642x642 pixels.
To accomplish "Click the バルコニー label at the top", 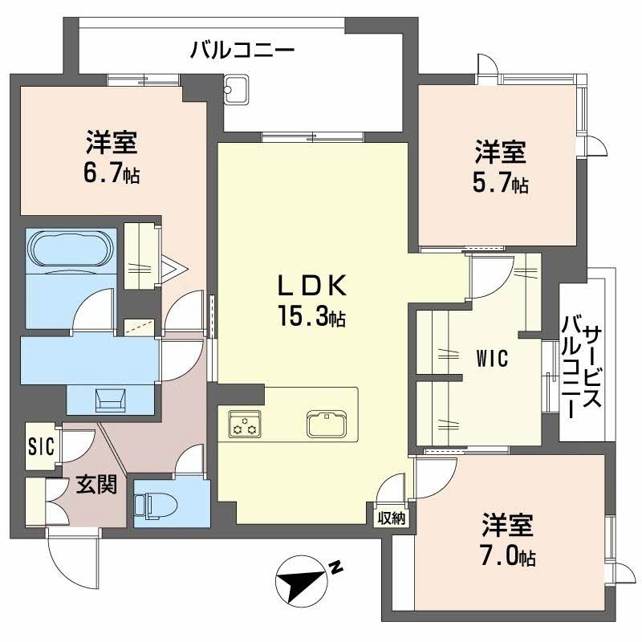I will pos(242,51).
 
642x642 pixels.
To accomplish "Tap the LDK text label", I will pos(311,285).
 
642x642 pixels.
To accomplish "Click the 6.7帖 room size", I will pos(112,174).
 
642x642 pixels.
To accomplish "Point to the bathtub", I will pos(71,253).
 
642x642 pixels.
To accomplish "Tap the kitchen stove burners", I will pos(245,423).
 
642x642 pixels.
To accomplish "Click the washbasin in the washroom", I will pos(110,398).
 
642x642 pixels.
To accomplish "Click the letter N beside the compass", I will pos(337,569).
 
